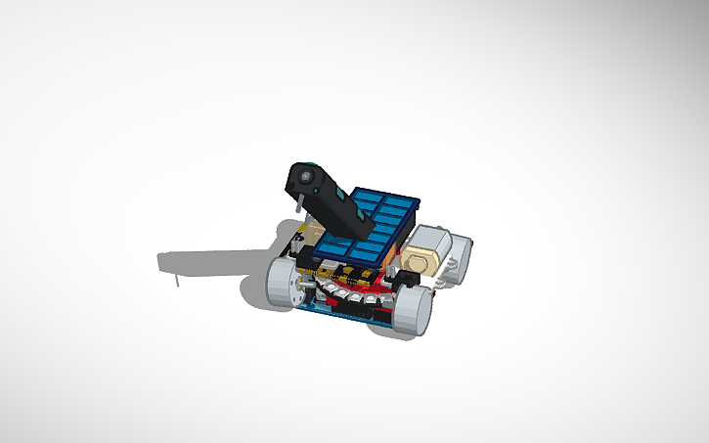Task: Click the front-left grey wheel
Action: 285,282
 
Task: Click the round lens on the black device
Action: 306,176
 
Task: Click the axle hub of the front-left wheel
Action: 281,283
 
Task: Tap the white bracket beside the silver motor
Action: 453,266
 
